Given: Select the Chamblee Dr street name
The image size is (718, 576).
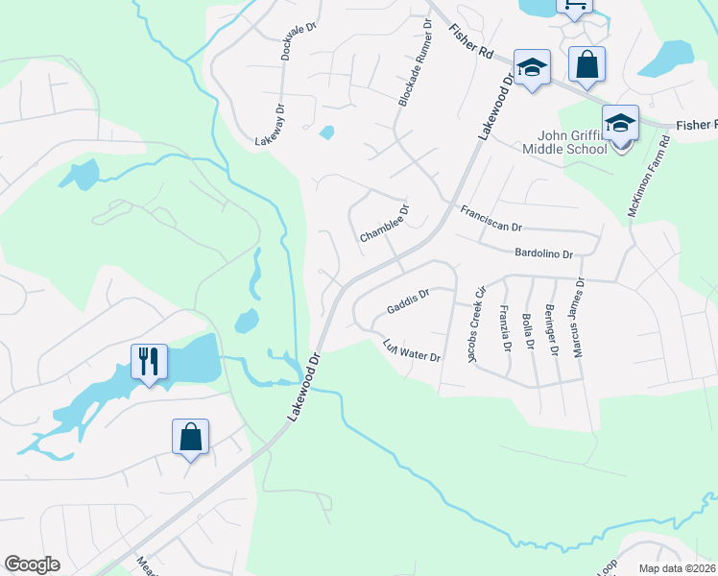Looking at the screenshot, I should point(385,223).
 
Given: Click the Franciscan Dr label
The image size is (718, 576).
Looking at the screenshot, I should point(491,219).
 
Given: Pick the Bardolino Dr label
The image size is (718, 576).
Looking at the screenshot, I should point(543,254).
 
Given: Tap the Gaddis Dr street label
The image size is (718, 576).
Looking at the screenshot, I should point(407,303).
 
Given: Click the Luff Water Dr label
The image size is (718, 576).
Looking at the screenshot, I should point(411,350).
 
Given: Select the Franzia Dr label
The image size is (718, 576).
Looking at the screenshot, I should point(504,328).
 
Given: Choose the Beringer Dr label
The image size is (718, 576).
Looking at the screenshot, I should point(550,329).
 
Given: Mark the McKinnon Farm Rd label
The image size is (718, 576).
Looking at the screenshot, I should point(647,175).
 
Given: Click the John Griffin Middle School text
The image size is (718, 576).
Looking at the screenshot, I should point(564,142).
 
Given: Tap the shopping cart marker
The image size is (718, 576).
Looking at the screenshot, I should point(574,6).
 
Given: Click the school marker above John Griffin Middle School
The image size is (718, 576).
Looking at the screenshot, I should point(621,123).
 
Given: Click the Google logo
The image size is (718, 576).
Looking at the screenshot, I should point(32,564).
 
